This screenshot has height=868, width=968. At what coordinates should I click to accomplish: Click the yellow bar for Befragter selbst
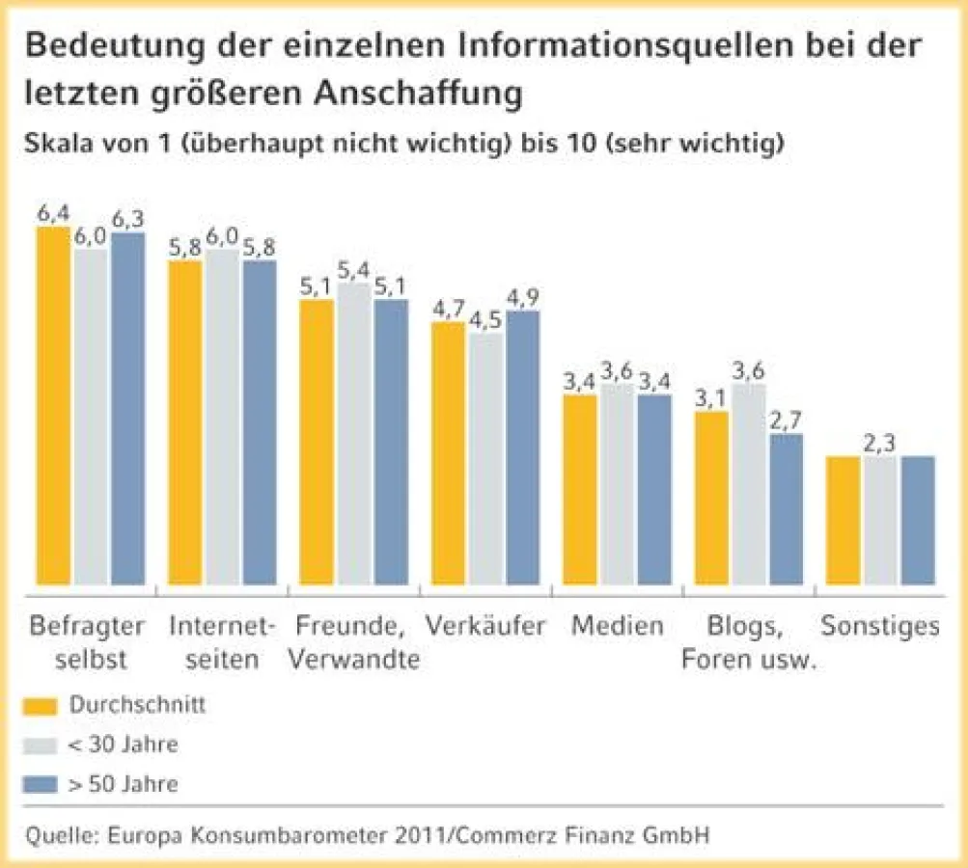tap(54, 406)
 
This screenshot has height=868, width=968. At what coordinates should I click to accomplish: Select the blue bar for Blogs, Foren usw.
tap(786, 508)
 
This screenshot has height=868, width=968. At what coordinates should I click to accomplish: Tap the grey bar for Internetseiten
tap(223, 417)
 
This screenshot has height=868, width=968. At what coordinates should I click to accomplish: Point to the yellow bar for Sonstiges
tap(844, 520)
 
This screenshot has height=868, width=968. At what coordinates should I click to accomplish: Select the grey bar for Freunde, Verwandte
tap(354, 433)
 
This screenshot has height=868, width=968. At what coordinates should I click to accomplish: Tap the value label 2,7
tap(786, 420)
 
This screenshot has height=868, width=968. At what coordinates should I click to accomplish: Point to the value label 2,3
tap(879, 442)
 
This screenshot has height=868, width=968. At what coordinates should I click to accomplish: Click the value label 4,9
tap(522, 296)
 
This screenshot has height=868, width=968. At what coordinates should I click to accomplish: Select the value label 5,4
tap(354, 269)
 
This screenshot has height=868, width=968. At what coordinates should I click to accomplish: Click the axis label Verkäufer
tap(485, 626)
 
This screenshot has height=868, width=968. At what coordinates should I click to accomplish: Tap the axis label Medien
tap(617, 626)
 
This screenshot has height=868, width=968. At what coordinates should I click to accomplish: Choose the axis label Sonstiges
tap(879, 626)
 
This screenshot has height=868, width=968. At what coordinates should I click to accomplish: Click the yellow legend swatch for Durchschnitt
tap(41, 705)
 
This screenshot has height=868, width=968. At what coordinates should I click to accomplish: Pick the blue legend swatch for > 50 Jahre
tap(41, 783)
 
